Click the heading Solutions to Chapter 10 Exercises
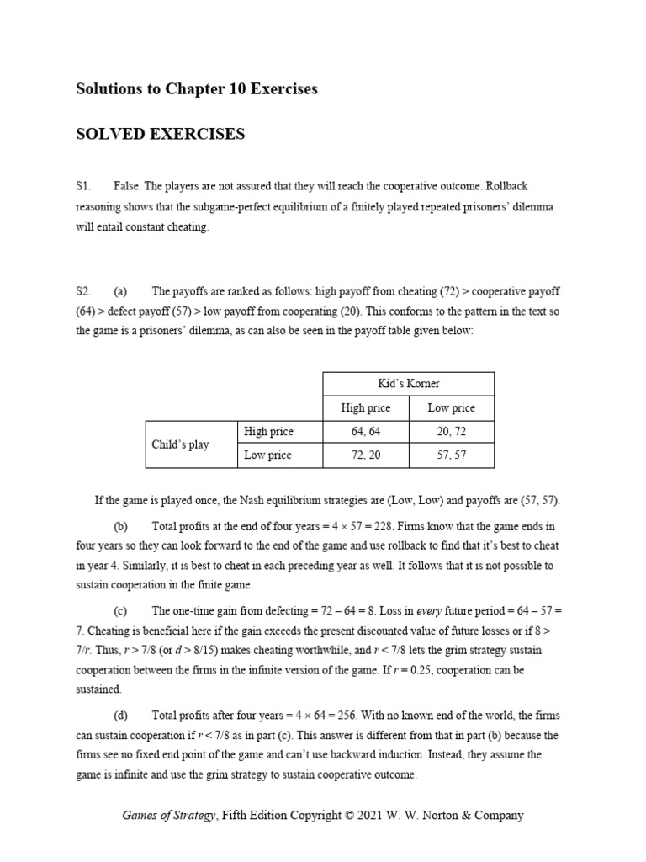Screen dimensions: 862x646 tap(197, 88)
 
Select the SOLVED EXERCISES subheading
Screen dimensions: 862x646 tap(160, 134)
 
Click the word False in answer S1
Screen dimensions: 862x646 tap(126, 185)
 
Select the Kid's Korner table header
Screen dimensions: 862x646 tap(409, 383)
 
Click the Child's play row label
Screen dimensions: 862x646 tap(180, 444)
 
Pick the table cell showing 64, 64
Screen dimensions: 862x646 tap(365, 432)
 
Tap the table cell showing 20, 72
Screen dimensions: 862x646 tap(451, 432)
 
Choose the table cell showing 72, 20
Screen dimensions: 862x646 tap(365, 455)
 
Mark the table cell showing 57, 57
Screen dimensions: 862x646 tap(451, 455)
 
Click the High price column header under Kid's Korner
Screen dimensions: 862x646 tap(365, 408)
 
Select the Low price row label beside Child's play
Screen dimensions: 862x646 tap(267, 455)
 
